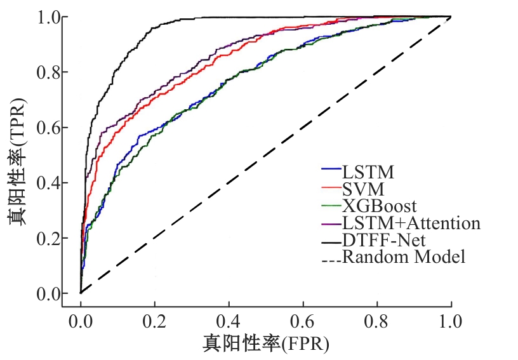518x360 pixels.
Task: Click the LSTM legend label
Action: [368, 172]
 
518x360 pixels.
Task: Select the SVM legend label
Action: [363, 189]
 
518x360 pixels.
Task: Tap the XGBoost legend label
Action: [379, 206]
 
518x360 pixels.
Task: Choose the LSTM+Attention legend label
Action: [411, 223]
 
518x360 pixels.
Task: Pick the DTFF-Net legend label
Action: [384, 240]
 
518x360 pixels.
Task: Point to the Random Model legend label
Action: [404, 257]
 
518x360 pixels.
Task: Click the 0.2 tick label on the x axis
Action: [154, 321]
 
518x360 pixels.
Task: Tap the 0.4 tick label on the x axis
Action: [229, 321]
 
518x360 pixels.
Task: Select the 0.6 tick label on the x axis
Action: [303, 321]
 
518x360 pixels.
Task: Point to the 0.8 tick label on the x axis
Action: [377, 321]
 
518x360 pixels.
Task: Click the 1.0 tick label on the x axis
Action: [451, 321]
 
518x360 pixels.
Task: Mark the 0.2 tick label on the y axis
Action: [48, 239]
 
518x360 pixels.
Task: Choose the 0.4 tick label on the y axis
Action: [48, 183]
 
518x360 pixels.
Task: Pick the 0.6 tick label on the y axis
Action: [48, 128]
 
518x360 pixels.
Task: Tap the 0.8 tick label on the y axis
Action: [48, 72]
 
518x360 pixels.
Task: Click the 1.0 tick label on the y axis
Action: [48, 17]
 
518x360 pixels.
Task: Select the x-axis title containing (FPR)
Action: [266, 344]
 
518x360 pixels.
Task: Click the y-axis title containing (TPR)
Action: [17, 162]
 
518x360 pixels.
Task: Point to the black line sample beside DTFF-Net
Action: [331, 243]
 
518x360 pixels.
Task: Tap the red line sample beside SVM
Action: [331, 187]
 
